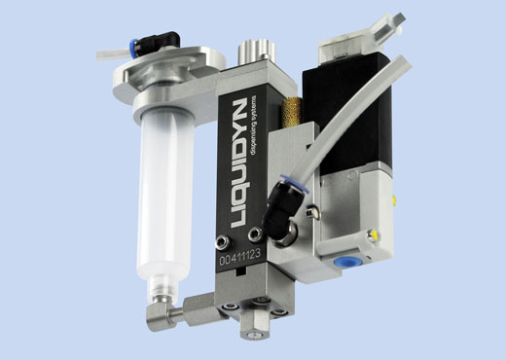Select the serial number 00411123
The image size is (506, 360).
[x=240, y=257]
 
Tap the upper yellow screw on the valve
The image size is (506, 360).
[x=394, y=199]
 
